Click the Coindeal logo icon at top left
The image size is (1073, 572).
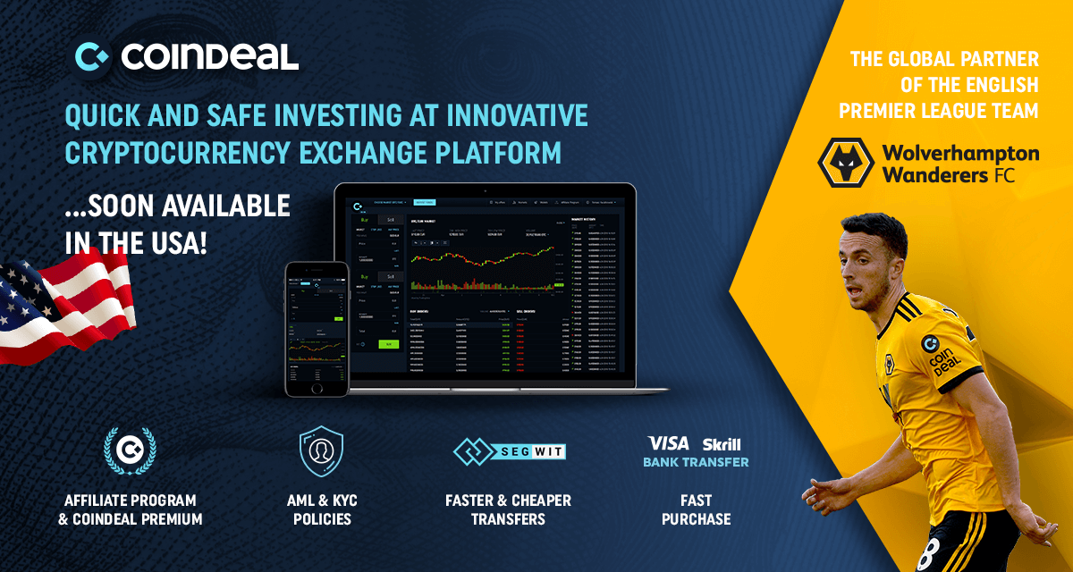(92, 56)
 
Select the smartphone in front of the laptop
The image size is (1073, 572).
(315, 328)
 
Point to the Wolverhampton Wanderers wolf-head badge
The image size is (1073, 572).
(846, 162)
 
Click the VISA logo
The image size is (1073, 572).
(669, 443)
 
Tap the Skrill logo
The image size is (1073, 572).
(721, 444)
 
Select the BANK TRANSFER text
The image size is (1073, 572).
(696, 462)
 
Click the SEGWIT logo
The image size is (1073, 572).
(509, 451)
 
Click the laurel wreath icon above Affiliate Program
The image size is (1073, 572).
(130, 450)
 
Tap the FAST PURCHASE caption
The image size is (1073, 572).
(696, 509)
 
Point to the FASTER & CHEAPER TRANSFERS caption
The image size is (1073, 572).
(508, 509)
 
